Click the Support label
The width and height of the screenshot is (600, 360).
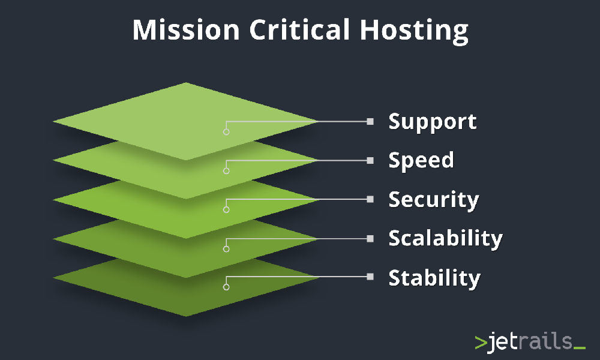[433, 122]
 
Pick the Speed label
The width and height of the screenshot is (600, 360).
[421, 161]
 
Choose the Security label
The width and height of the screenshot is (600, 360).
[434, 200]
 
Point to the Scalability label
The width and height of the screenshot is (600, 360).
[445, 238]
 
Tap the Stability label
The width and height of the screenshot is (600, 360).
[434, 278]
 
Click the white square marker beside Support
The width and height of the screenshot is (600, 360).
[370, 121]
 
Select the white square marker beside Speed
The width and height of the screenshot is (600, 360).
[370, 160]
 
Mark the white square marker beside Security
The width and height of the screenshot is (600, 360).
[370, 199]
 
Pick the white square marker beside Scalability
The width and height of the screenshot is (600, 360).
[370, 238]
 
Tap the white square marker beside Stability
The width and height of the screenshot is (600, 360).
[370, 277]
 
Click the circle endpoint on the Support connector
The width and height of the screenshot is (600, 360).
[226, 131]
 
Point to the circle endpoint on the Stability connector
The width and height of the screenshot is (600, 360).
[226, 287]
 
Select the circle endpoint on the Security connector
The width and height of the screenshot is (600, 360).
[226, 209]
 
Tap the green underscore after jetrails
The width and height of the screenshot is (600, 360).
[579, 347]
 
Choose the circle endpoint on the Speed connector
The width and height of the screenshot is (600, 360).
[226, 170]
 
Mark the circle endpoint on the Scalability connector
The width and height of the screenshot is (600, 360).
[226, 248]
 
